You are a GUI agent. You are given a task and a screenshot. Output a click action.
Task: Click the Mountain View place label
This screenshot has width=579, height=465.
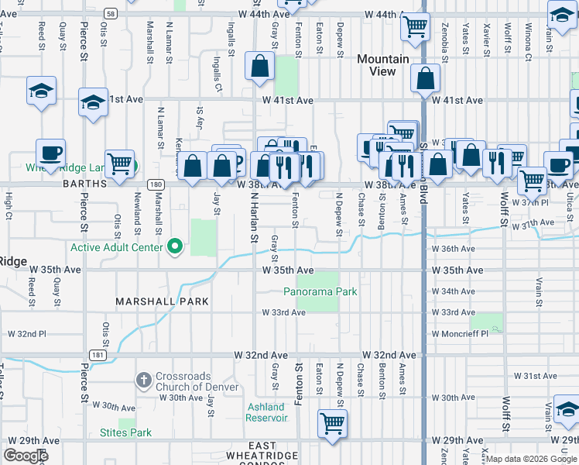coord(382,65)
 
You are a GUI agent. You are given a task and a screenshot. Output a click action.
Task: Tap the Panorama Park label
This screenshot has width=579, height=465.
coord(320,292)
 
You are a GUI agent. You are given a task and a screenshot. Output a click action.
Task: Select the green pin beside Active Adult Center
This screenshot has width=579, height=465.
coord(175,247)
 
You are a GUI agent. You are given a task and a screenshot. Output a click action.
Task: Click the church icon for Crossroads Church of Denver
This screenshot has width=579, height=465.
coord(143,381)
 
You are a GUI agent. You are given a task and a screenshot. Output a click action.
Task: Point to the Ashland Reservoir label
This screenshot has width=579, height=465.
coord(266,412)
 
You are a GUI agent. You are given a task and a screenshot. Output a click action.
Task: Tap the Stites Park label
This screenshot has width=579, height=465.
coord(125,432)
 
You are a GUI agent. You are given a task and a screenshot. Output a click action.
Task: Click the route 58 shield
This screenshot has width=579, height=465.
coord(112,14)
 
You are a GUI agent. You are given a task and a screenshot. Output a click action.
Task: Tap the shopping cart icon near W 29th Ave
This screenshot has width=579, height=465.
coord(332,424)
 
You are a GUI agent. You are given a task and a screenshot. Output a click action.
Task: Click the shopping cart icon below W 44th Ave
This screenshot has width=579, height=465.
coord(415,26)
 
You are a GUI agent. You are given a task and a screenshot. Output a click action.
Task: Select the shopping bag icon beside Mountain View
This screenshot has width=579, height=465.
coord(426,78)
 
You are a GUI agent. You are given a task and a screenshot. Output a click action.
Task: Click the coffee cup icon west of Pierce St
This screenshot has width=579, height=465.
coord(50,153)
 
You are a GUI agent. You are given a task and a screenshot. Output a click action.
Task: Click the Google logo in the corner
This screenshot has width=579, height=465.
coord(26,456)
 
